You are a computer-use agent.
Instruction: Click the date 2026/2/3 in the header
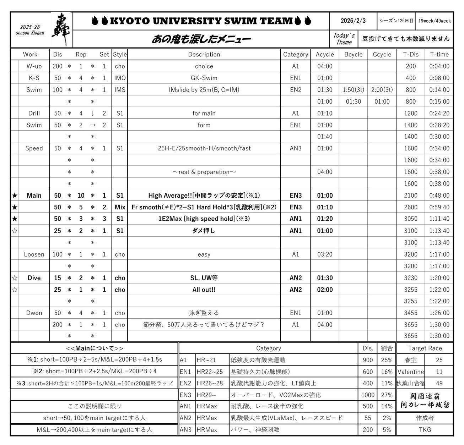point(353,21)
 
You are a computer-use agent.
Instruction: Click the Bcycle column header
point(353,54)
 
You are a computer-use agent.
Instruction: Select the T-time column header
point(439,54)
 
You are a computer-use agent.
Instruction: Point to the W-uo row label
point(34,66)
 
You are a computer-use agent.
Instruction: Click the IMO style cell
point(120,78)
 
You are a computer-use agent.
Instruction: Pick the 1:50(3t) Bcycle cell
point(353,89)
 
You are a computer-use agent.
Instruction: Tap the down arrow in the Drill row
point(92,113)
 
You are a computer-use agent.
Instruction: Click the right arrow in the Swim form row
point(92,125)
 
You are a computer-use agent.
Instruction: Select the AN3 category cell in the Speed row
point(295,148)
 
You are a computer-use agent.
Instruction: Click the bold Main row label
point(34,196)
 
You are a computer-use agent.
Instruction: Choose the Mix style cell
point(120,207)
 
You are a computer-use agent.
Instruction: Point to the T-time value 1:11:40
point(439,219)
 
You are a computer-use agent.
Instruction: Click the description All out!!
point(204,290)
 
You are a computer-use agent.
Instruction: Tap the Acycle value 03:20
point(324,254)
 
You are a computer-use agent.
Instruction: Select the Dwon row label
point(34,313)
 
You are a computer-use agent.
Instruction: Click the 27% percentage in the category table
point(387,395)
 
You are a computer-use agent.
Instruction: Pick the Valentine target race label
point(410,372)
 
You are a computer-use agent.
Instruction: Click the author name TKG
point(425,429)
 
